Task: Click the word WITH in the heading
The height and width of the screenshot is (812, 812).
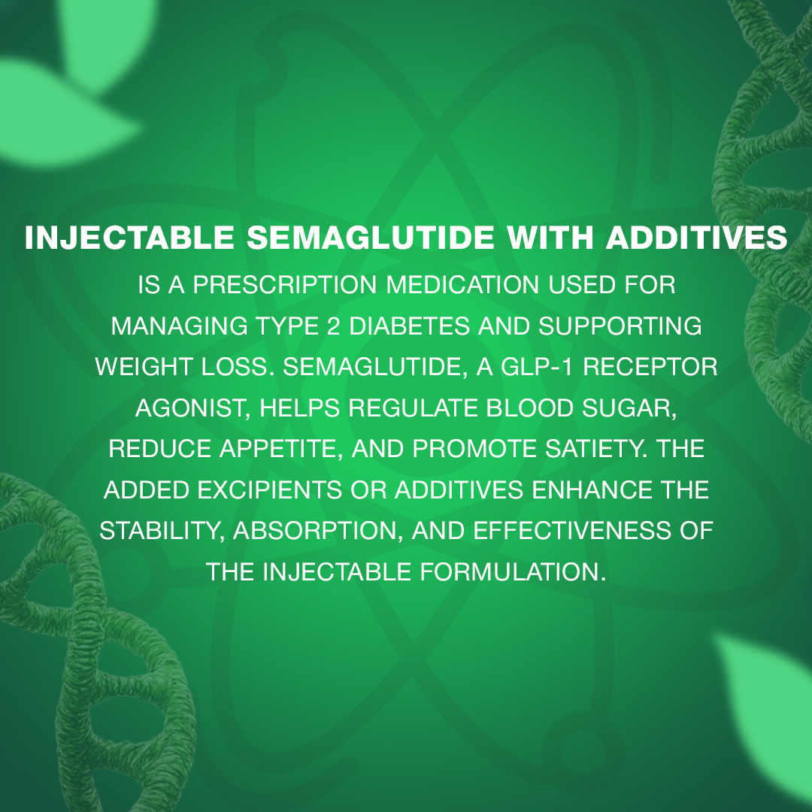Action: pyautogui.click(x=550, y=238)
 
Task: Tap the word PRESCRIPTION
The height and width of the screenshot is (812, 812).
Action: pyautogui.click(x=285, y=285)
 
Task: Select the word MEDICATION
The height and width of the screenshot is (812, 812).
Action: pyautogui.click(x=462, y=285)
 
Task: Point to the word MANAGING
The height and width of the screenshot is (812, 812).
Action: pyautogui.click(x=179, y=326)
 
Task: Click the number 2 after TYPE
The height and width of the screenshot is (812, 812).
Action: pyautogui.click(x=333, y=326)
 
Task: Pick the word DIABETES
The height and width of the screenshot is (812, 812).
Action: pyautogui.click(x=409, y=326)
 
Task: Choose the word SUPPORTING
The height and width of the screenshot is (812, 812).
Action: pyautogui.click(x=620, y=326)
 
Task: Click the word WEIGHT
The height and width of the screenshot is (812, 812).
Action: pyautogui.click(x=144, y=367)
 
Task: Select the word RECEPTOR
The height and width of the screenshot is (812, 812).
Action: pyautogui.click(x=650, y=367)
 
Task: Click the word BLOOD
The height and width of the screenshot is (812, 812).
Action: pyautogui.click(x=529, y=408)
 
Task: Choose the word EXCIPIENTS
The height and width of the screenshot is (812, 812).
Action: pyautogui.click(x=269, y=490)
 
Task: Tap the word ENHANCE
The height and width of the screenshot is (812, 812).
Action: pyautogui.click(x=592, y=490)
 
